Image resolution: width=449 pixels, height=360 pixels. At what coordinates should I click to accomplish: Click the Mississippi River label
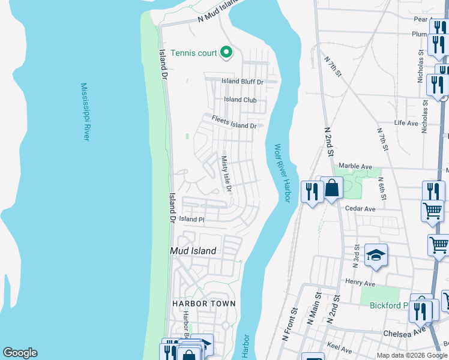tap(85, 112)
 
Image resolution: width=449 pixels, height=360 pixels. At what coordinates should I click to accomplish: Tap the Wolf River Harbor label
tap(282, 173)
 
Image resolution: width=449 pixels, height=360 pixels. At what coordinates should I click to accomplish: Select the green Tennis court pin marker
tap(226, 53)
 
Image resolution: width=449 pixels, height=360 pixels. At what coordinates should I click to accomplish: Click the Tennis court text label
tap(193, 53)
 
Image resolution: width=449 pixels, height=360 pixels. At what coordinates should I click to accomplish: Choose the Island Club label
tap(240, 100)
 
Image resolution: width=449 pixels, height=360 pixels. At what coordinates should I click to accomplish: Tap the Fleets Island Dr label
tap(234, 122)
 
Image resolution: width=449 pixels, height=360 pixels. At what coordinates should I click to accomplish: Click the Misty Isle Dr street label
tap(226, 175)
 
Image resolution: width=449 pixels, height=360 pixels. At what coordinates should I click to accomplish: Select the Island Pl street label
tap(191, 220)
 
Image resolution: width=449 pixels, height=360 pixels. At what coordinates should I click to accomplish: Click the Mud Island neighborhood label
tap(193, 251)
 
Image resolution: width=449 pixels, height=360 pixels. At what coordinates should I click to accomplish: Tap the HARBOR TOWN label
tap(204, 304)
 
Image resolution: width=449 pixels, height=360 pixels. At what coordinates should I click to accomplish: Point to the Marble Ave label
tap(355, 166)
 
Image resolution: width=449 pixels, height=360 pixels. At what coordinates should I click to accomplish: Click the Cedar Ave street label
tap(360, 209)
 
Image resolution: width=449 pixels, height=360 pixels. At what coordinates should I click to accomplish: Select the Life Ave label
tap(406, 123)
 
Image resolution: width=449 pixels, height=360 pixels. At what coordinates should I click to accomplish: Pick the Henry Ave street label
tap(360, 281)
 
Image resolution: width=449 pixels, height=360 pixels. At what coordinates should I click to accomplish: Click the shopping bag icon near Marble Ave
tap(331, 188)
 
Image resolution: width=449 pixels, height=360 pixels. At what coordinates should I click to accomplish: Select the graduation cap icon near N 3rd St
tap(376, 256)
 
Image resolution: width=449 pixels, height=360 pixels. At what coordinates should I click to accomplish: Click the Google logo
tap(20, 353)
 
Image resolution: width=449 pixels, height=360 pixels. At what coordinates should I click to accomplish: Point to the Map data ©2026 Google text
tap(411, 355)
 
